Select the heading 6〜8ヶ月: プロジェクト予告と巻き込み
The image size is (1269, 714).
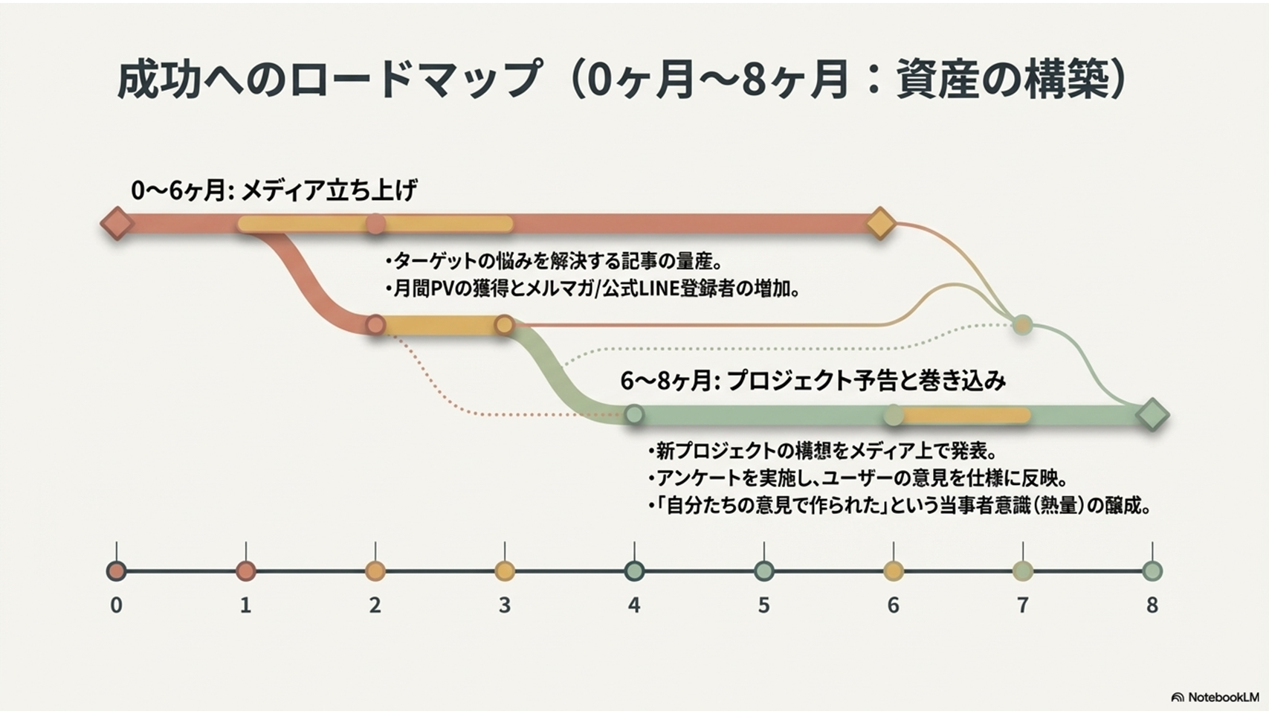[813, 381]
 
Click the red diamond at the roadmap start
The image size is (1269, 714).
[117, 223]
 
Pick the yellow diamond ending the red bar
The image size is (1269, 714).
[880, 223]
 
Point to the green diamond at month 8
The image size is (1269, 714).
[1152, 415]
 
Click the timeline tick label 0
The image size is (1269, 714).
[116, 605]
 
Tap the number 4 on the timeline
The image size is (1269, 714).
[635, 605]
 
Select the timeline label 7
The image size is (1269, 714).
[1023, 605]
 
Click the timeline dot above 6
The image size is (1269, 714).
[894, 571]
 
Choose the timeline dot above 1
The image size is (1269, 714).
[246, 571]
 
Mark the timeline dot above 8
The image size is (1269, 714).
[1152, 571]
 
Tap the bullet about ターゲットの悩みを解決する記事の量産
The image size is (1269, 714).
[553, 262]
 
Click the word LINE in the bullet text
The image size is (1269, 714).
[667, 289]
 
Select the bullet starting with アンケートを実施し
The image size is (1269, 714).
[857, 479]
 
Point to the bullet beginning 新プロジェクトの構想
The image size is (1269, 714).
[821, 451]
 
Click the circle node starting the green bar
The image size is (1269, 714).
[635, 415]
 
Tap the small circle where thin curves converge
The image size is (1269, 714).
[1023, 325]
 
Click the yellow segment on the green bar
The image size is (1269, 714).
[963, 415]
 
